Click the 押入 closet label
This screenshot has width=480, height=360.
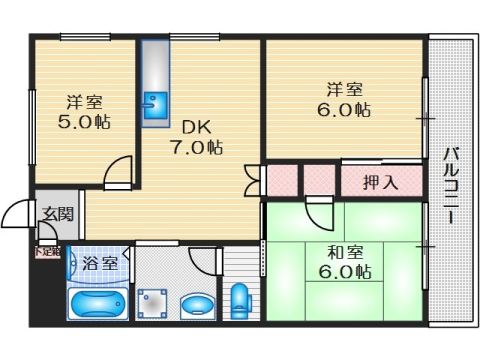click(x=380, y=182)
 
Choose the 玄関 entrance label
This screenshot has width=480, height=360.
click(x=57, y=212)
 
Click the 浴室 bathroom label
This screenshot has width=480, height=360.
click(x=100, y=264)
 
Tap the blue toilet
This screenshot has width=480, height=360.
click(x=239, y=301)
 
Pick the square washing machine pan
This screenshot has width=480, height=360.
click(x=154, y=302)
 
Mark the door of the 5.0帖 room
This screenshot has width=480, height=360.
click(x=119, y=172)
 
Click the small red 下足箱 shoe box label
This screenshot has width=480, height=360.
click(x=47, y=251)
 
